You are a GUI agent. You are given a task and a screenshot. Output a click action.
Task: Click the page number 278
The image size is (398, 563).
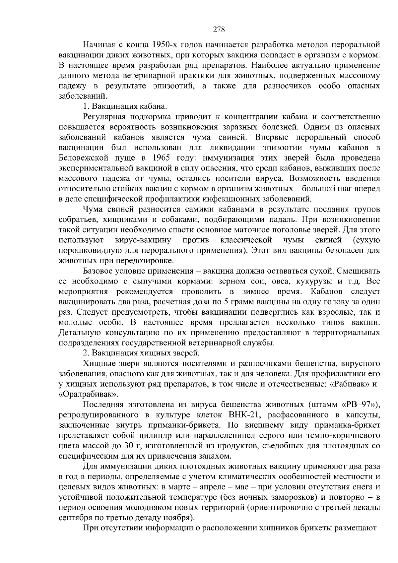[219, 30]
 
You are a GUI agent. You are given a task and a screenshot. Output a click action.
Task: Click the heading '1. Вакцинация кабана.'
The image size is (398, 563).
[125, 107]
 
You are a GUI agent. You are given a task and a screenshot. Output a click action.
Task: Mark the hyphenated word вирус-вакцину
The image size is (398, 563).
[143, 240]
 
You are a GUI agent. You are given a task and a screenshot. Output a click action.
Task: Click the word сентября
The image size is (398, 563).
[75, 518]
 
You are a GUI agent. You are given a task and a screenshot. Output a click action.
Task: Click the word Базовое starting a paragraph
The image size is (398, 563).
[99, 271]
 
